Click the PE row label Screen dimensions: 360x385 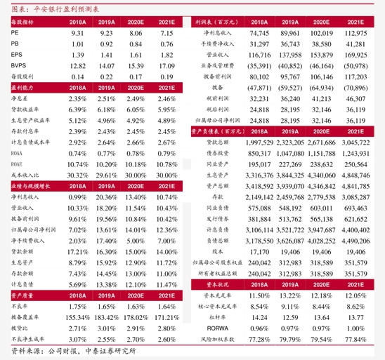(15, 33)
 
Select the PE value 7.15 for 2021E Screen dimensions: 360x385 (167, 33)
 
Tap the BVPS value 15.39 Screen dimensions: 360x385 (135, 65)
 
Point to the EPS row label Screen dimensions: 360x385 (16, 54)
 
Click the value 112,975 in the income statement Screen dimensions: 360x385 (356, 33)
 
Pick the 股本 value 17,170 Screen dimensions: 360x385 (259, 251)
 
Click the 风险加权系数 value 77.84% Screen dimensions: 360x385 (355, 339)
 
